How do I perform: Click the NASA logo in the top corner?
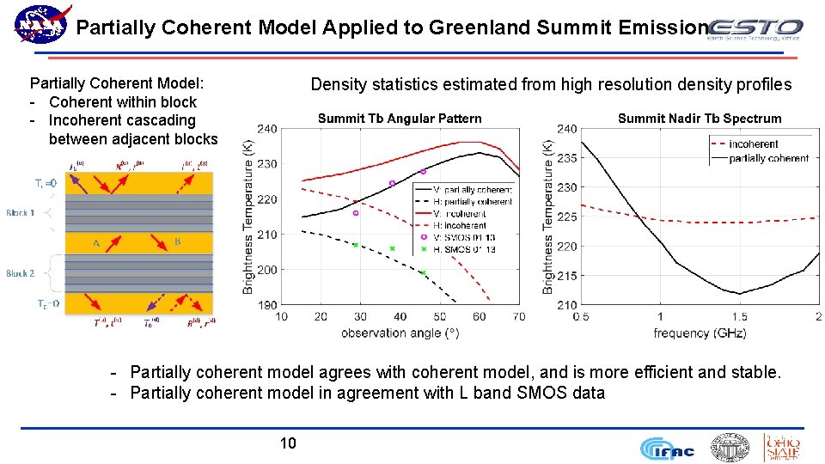41,23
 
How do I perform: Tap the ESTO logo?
756,29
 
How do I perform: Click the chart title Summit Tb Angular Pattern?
400,119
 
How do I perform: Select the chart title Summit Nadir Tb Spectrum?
700,119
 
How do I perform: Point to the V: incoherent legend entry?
460,213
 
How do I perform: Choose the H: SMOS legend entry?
464,249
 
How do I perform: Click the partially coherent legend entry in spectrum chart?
768,158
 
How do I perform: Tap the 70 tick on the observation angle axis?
518,317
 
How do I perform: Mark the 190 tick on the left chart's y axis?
267,305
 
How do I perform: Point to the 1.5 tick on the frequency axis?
739,317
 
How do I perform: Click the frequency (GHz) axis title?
700,333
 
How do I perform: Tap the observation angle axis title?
400,333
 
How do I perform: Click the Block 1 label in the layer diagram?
21,212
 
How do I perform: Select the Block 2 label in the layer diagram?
21,273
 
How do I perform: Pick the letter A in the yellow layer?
97,243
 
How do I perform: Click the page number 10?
288,443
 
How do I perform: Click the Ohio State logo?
782,447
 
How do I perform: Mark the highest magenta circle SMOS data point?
423,171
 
